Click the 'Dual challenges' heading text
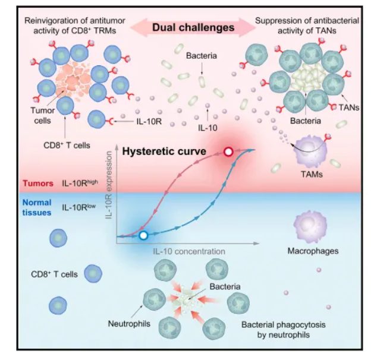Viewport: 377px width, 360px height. coord(188,26)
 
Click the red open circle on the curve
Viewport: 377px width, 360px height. coord(228,153)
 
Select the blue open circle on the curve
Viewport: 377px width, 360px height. coord(143,235)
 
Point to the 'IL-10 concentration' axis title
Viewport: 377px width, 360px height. coord(189,251)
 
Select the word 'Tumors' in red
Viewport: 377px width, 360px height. coord(36,183)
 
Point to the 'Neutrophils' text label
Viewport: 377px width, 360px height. coord(128,324)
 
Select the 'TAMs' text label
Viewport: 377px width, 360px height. coord(318,177)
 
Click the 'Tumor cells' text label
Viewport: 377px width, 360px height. coord(43,115)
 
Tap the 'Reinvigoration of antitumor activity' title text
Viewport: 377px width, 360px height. coord(70,25)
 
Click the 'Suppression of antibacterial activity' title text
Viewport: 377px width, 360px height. coord(307,25)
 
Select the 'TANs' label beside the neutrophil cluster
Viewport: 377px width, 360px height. coord(349,108)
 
